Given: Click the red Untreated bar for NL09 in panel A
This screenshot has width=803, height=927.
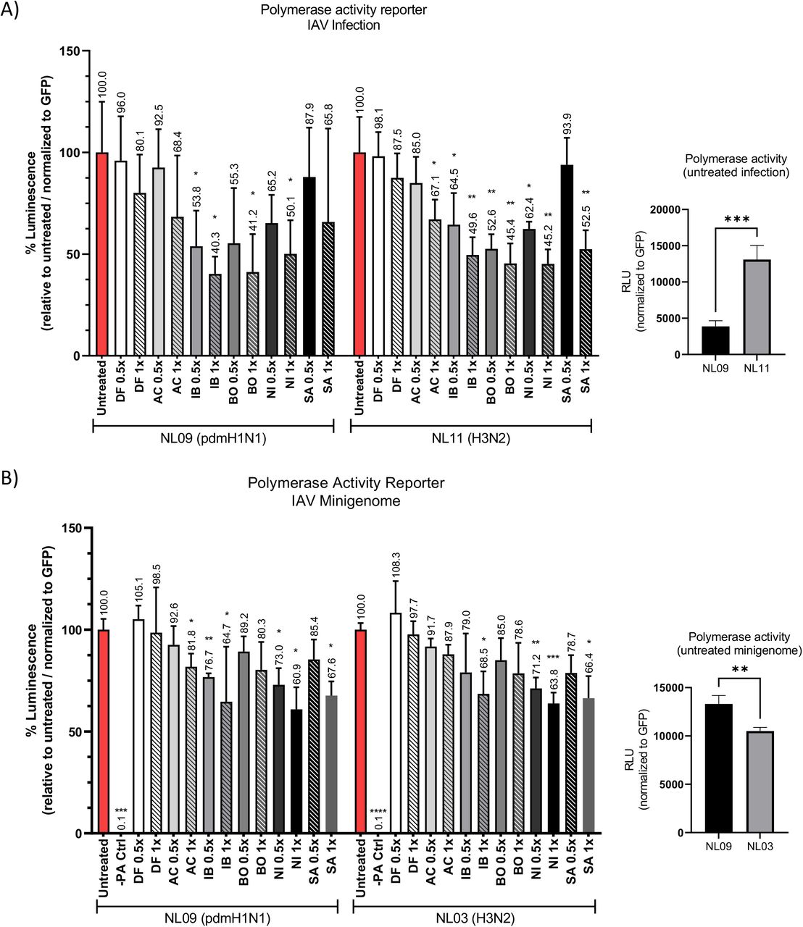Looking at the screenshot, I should (x=101, y=253).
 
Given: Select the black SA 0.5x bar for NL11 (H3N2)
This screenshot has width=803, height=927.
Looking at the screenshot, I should (x=567, y=260).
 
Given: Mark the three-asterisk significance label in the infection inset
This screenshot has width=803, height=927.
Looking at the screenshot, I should (x=735, y=218).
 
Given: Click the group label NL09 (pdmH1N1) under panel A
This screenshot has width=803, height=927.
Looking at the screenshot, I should (x=212, y=437).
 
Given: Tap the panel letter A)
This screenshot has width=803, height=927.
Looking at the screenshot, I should (x=11, y=12).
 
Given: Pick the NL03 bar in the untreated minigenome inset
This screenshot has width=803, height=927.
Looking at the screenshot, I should (x=759, y=781).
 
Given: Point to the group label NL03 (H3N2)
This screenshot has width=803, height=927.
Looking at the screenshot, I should (x=475, y=918).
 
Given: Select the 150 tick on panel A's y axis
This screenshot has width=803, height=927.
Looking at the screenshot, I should (x=72, y=51).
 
